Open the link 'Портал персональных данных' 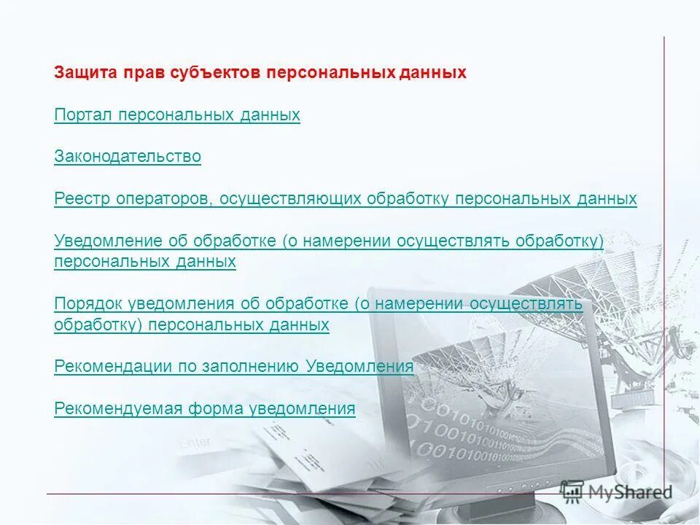pyautogui.click(x=177, y=115)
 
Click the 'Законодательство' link pyautogui.click(x=128, y=157)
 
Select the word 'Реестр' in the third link pyautogui.click(x=82, y=199)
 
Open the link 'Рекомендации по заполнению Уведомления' pyautogui.click(x=234, y=367)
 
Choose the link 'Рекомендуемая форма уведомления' pyautogui.click(x=205, y=409)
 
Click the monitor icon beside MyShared pyautogui.click(x=573, y=490)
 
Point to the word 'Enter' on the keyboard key pyautogui.click(x=195, y=442)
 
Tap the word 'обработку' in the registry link pyautogui.click(x=408, y=199)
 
